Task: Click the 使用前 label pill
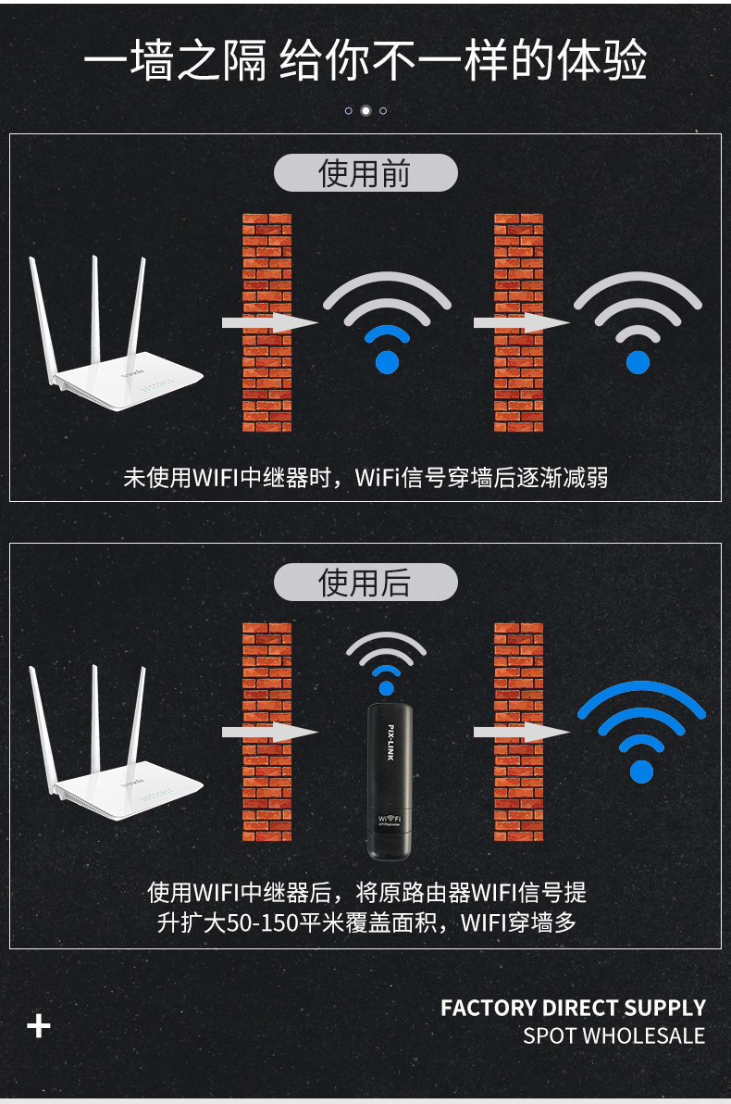pos(365,172)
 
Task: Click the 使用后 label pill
pos(365,583)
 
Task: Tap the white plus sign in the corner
pos(39,1026)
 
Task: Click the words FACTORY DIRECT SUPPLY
pos(573,1008)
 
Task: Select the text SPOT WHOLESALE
pos(613,1035)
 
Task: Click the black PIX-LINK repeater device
pos(389,782)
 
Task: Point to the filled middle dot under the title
pos(365,110)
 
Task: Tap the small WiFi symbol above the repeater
pos(386,662)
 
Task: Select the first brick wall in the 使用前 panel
pos(267,322)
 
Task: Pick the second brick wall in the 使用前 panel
pos(518,322)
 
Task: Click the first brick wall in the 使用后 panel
pos(267,733)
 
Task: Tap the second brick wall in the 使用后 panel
pos(518,733)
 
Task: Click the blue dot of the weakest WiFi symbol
pos(638,362)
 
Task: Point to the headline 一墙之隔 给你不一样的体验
pos(365,60)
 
